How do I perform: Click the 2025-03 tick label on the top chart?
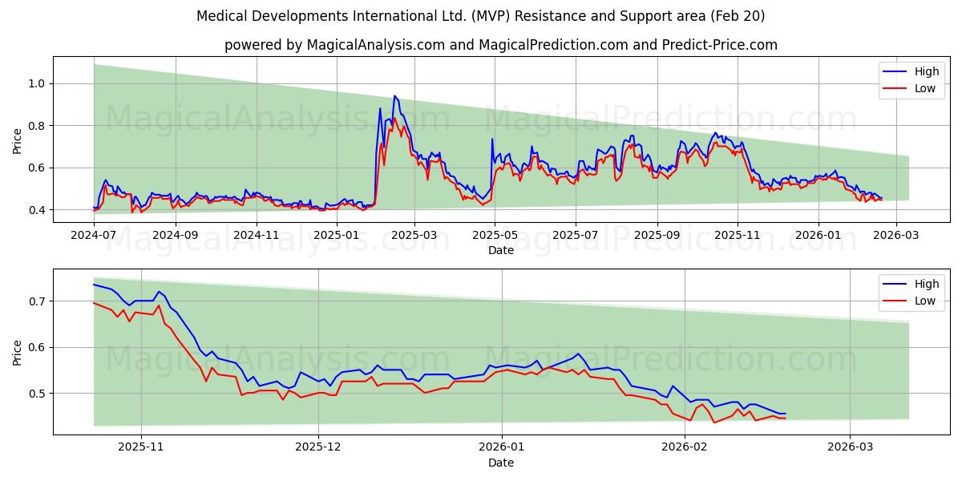click(x=414, y=236)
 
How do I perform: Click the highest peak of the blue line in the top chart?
click(x=394, y=95)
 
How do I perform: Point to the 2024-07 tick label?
click(x=94, y=236)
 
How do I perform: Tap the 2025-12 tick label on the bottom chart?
click(x=318, y=448)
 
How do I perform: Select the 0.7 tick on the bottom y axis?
click(x=38, y=301)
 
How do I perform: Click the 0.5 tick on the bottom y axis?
click(x=38, y=394)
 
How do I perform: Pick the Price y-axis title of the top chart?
click(x=18, y=141)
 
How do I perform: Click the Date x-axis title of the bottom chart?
click(x=501, y=463)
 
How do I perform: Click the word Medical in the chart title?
click(x=221, y=16)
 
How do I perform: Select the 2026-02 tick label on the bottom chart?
click(x=685, y=448)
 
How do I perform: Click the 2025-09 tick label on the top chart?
click(x=657, y=236)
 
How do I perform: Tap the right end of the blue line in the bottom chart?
click(x=785, y=414)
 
